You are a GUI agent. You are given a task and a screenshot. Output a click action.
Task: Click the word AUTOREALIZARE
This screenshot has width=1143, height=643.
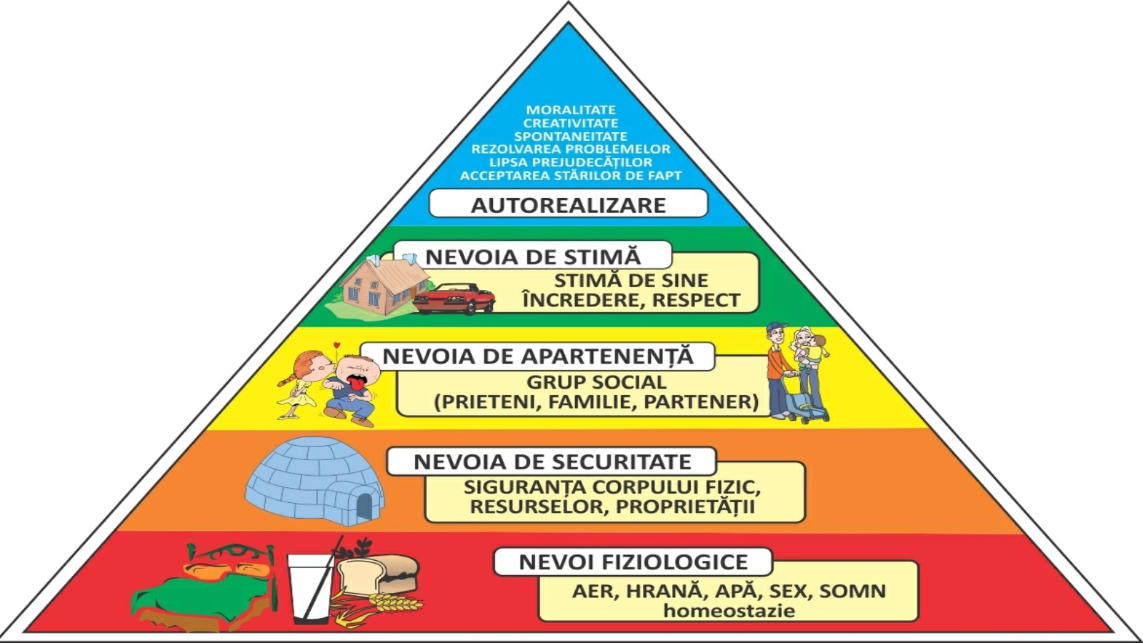(x=568, y=205)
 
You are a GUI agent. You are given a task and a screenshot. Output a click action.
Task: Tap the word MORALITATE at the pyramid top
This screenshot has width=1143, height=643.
(x=571, y=110)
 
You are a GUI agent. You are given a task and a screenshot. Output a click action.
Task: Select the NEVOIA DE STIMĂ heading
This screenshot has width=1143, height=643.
(x=533, y=256)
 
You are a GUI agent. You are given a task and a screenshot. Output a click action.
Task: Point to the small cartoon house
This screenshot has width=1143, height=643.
(x=376, y=285)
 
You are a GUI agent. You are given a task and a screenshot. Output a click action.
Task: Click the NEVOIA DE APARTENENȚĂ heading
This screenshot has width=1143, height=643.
(x=538, y=356)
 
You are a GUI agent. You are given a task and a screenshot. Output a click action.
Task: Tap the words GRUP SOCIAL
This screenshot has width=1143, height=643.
(x=597, y=382)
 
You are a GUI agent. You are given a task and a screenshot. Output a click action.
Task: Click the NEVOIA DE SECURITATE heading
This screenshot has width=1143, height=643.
(x=552, y=462)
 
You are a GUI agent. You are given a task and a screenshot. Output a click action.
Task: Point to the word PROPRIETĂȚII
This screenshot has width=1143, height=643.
(x=685, y=507)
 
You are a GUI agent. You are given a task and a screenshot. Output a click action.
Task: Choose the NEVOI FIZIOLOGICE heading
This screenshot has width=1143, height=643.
(x=633, y=562)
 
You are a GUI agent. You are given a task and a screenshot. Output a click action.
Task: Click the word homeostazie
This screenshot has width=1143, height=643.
(x=729, y=611)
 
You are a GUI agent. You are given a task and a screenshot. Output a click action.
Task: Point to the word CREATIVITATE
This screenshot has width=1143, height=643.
(x=571, y=123)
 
